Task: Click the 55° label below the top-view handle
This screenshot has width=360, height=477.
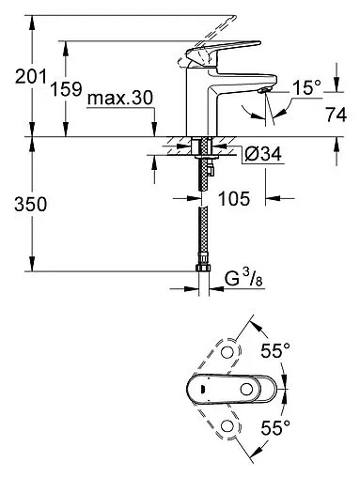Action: point(273,424)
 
